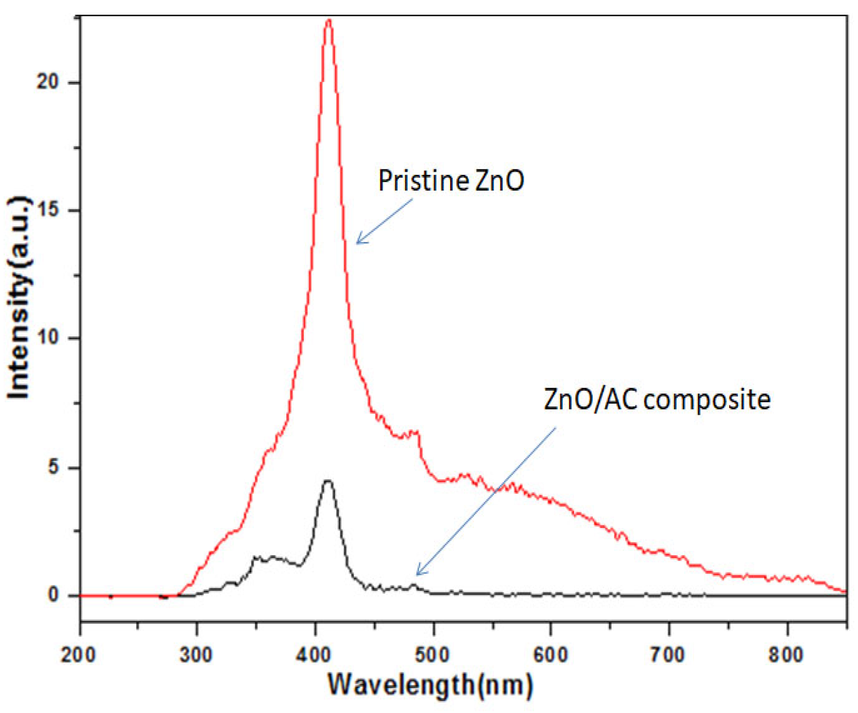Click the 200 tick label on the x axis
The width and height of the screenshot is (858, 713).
click(78, 654)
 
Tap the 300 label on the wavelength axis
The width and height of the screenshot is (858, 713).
click(196, 654)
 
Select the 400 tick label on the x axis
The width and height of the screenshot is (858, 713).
click(314, 654)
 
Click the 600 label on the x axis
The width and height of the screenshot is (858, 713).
click(551, 654)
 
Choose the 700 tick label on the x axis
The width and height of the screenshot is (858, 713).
click(668, 654)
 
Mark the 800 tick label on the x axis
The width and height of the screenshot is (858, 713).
click(786, 654)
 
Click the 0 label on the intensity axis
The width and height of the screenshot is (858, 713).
click(53, 595)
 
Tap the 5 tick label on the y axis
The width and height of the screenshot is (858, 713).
click(53, 467)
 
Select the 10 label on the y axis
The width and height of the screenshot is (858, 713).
click(48, 337)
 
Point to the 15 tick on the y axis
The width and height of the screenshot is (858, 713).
click(48, 210)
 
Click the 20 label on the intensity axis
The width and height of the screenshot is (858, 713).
click(48, 82)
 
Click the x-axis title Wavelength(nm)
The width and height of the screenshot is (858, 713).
click(430, 684)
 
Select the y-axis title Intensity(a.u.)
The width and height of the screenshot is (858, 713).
click(19, 297)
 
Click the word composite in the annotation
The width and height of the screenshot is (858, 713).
click(707, 399)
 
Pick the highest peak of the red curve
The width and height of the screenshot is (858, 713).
click(328, 21)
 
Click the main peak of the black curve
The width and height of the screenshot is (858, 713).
click(328, 481)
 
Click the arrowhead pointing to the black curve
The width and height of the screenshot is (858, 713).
click(418, 574)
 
